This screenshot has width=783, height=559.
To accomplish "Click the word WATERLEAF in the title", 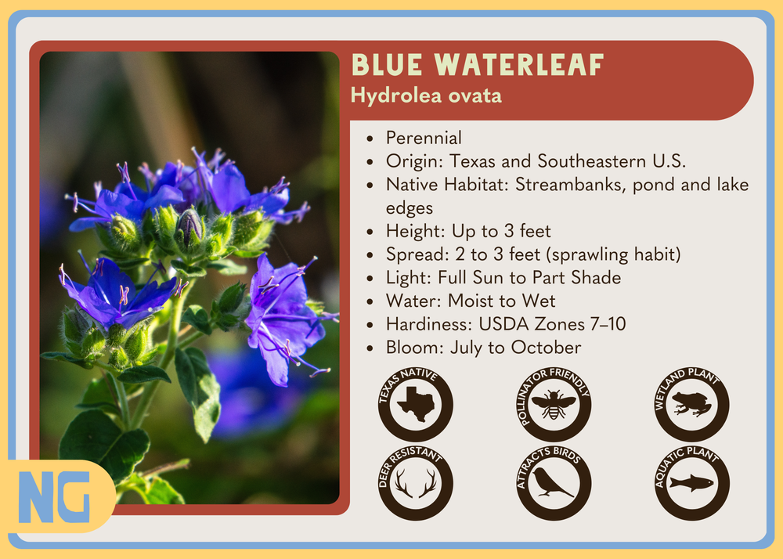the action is coord(519,65).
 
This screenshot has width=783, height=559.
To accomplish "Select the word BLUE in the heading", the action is coord(387,65).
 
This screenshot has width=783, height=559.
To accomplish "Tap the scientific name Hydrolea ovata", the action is coord(426,96).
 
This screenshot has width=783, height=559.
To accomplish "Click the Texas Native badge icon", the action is coord(416,403).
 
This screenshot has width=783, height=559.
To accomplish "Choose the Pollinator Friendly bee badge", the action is coord(554,403).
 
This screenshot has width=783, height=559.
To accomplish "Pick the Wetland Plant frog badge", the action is coord(692,403).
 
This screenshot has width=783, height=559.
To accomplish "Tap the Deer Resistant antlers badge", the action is coord(416,482).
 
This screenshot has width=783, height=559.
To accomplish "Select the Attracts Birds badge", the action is coord(554,482).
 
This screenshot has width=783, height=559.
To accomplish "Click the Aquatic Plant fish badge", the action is coord(692,482).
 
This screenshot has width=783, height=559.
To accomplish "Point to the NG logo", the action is coord(55,496).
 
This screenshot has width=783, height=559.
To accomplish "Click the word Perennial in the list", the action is coord(424,138).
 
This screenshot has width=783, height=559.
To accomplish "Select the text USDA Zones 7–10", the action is coord(552,324).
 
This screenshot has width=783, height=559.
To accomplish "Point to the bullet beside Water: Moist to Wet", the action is coord(370,302).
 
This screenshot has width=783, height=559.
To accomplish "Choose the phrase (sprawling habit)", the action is coord(613,254).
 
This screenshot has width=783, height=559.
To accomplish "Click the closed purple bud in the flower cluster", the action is coord(189,228).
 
